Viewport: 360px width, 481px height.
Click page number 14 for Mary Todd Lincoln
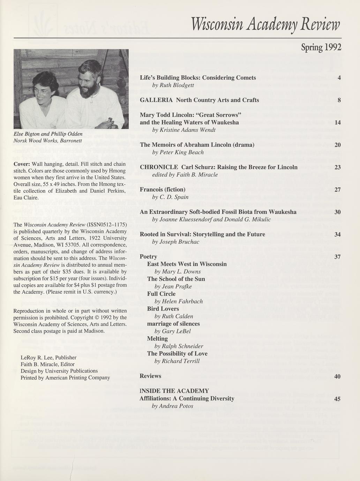click(x=337, y=122)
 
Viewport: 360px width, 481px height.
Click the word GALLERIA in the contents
click(x=156, y=100)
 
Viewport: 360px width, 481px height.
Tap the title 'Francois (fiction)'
click(x=163, y=189)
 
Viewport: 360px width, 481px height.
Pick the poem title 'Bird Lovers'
click(x=163, y=308)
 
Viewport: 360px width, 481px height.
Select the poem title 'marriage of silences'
click(x=173, y=323)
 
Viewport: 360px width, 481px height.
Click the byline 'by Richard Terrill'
click(x=177, y=361)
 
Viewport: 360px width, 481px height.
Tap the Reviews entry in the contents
click(x=150, y=376)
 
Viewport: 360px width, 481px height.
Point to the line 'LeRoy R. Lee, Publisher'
click(x=48, y=357)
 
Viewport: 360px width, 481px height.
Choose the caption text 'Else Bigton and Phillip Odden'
click(x=48, y=134)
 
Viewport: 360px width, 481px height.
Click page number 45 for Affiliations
click(x=337, y=399)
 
